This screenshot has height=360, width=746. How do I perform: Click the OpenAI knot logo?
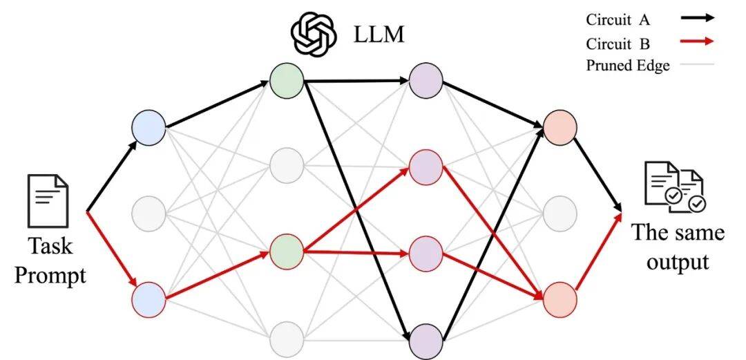tap(314, 34)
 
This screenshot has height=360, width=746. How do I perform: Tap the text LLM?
tap(379, 35)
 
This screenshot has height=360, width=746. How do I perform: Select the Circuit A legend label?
tap(618, 20)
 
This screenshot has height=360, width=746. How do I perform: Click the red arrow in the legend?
tap(698, 41)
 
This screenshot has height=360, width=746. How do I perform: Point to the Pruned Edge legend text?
tap(627, 65)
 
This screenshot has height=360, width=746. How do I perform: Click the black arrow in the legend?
tap(698, 18)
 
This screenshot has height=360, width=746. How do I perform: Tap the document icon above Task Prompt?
tap(48, 200)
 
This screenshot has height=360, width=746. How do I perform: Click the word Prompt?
tap(50, 275)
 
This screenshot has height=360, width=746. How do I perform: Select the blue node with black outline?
tap(149, 127)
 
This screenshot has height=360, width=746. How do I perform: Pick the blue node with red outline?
tap(149, 299)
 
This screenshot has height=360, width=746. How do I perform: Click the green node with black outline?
tap(287, 81)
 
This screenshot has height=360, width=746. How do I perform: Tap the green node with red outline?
tap(287, 251)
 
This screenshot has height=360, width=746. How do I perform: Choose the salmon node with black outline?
tap(560, 127)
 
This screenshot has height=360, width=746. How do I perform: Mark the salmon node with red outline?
tap(560, 299)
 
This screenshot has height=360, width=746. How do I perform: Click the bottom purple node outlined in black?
tap(426, 341)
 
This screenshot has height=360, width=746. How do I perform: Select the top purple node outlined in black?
tap(426, 81)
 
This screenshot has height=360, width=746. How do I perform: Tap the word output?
tap(678, 263)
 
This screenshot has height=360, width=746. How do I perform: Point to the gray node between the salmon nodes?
tap(560, 212)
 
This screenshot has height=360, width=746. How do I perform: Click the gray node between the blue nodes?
tap(149, 213)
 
